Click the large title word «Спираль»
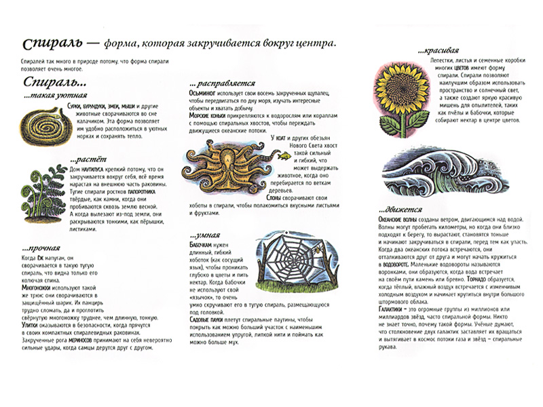pos(52,44)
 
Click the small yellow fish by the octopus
pos(282,155)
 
